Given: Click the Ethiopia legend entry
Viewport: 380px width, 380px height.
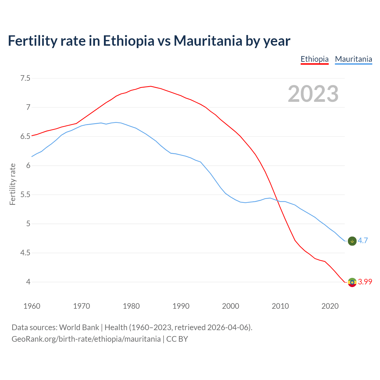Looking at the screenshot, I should click(314, 59).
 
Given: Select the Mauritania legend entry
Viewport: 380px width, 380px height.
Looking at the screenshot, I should click(353, 59).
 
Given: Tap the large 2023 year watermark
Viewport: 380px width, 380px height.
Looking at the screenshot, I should click(313, 94).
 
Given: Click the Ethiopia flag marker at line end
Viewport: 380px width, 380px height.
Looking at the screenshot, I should click(352, 282).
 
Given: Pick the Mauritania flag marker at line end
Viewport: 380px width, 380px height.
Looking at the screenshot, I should click(352, 241).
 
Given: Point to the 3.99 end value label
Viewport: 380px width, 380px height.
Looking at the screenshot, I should click(365, 282).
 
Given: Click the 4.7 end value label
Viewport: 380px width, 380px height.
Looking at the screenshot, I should click(363, 241).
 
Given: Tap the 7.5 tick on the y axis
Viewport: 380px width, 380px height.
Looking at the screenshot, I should click(25, 78).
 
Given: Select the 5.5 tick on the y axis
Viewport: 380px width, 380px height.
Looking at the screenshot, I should click(25, 195).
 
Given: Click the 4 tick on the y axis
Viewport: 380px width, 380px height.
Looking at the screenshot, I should click(28, 282).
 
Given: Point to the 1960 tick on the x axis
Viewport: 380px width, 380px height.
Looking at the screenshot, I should click(32, 306).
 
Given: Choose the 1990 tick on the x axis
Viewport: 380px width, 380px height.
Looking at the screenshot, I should click(181, 306).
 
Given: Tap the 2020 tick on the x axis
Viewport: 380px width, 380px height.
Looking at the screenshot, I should click(330, 306).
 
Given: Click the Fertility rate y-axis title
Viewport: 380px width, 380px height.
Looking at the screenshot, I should click(12, 184).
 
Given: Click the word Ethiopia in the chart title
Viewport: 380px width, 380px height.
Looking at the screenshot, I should click(129, 41).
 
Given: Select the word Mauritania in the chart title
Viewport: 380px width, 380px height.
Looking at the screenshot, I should click(208, 41).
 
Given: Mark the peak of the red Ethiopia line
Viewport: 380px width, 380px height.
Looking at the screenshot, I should click(151, 86).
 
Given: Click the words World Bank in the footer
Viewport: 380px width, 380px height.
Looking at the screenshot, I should click(79, 327).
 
